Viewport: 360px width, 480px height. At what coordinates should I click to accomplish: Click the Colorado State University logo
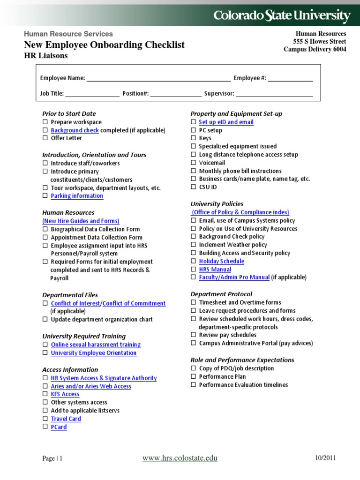point(282,16)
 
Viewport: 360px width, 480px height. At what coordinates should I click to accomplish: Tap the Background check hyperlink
point(75,130)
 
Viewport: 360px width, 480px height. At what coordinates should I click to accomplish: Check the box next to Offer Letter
point(45,138)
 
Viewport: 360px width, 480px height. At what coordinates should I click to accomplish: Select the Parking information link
point(77,196)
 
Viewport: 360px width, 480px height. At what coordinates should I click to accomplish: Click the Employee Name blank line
point(158,78)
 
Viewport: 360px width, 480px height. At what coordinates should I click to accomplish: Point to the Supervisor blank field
point(274,94)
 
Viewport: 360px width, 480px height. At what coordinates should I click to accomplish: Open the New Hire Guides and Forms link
point(81,221)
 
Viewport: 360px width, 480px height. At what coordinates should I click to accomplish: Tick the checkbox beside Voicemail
point(193,163)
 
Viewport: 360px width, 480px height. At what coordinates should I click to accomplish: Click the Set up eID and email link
point(226,122)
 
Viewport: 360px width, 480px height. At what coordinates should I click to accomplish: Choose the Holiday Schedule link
point(221,261)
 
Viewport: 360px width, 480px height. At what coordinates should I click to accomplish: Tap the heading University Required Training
point(84,336)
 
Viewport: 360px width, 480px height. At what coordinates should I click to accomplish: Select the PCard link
point(59,427)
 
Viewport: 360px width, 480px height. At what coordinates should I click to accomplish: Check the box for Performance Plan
point(193,376)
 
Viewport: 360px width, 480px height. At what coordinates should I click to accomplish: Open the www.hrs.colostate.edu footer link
point(180,458)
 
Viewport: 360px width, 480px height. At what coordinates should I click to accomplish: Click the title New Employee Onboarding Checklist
point(104,45)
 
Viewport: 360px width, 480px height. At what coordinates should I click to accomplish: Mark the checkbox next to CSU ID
point(193,187)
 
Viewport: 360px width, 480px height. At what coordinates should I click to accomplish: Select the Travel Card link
point(66,419)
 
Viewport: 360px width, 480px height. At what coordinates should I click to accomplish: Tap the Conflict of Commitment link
point(134,303)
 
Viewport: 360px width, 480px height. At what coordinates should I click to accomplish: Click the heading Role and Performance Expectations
point(242,360)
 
